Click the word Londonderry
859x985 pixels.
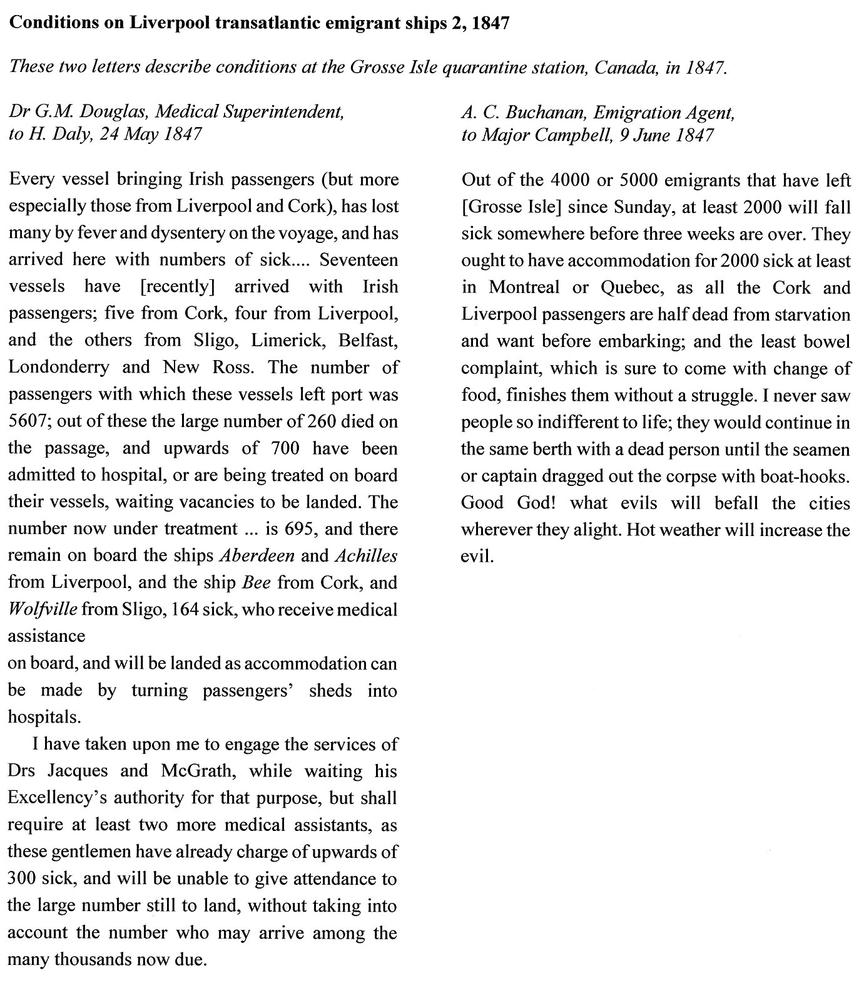pos(59,367)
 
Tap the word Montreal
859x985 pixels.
pos(524,287)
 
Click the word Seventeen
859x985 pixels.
pos(358,260)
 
